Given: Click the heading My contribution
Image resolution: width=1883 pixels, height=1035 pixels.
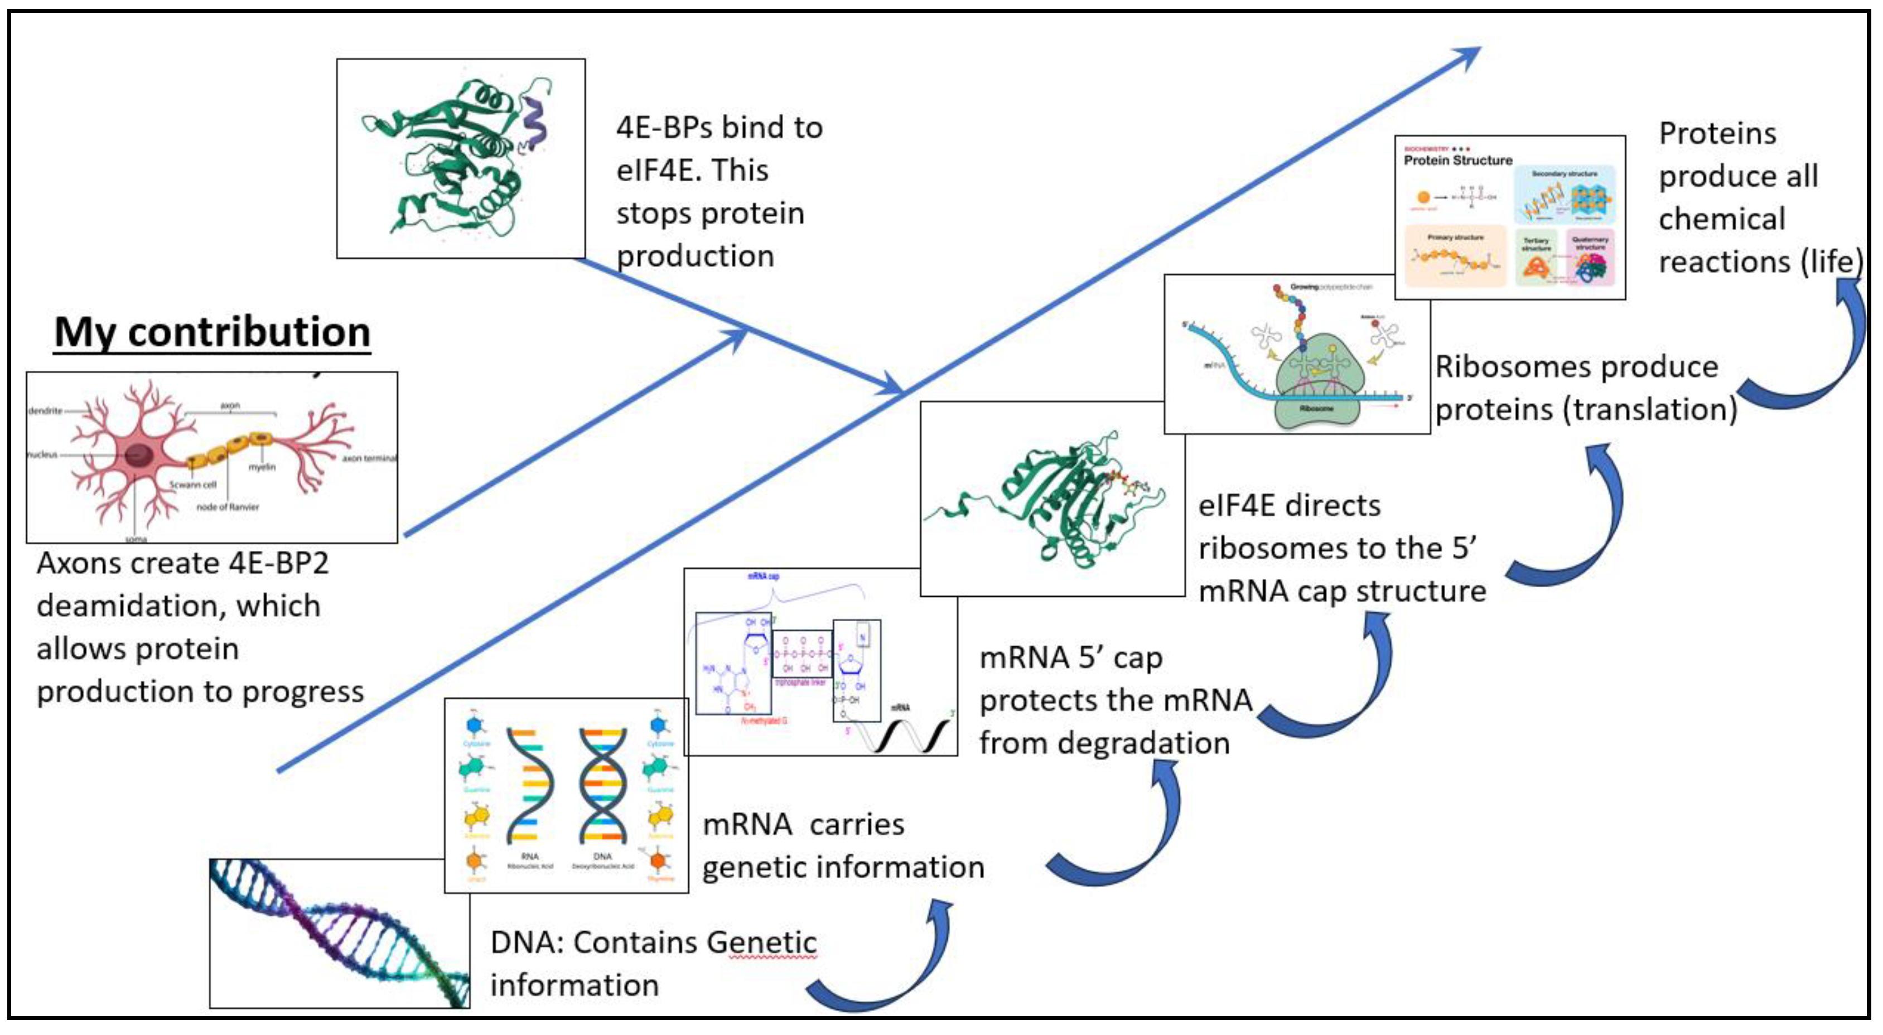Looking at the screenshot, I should pos(212,332).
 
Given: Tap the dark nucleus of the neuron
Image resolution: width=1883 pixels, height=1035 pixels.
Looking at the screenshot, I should pos(137,454).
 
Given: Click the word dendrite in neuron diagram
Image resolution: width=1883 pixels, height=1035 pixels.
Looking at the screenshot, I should pos(45,411).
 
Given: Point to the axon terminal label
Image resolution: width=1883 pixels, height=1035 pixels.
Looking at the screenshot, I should pos(369,458).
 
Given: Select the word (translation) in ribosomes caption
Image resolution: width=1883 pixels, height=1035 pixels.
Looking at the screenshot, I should pos(1649,409).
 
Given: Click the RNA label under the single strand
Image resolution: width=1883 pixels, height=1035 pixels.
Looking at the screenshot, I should pos(530,856).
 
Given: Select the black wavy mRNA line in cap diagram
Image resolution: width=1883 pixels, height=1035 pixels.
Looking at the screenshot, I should pos(906,734).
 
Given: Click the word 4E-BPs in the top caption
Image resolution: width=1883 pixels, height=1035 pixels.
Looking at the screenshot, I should pos(664,128).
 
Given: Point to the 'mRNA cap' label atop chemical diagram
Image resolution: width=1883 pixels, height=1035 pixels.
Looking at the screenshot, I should pos(762,577).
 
